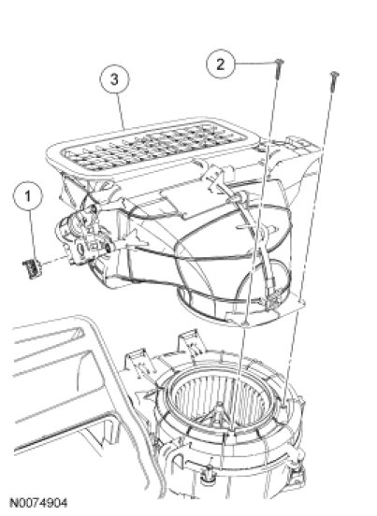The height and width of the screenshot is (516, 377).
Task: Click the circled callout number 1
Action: [28, 196]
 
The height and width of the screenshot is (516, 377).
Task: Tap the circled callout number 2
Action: [221, 64]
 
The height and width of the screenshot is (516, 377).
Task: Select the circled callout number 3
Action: [115, 79]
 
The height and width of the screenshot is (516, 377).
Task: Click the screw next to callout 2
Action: [279, 69]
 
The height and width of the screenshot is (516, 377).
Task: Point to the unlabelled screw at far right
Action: [334, 80]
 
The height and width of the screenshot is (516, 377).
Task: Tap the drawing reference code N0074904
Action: [39, 503]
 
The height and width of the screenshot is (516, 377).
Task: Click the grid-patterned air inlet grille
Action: [154, 147]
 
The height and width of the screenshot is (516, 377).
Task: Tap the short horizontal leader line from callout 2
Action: [255, 64]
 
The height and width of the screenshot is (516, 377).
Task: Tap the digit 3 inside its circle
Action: [114, 79]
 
